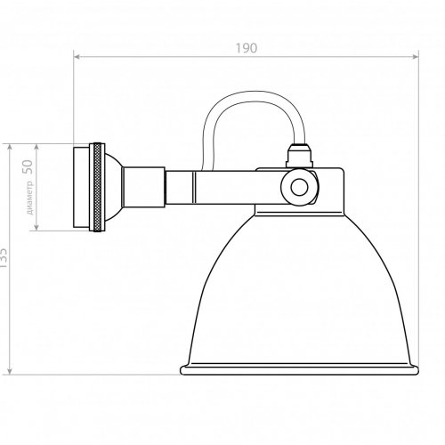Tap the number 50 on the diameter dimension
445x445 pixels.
(28, 166)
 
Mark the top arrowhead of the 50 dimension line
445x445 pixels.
(36, 146)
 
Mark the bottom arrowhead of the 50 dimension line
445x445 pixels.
(36, 230)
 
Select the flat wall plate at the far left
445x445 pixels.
(79, 188)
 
